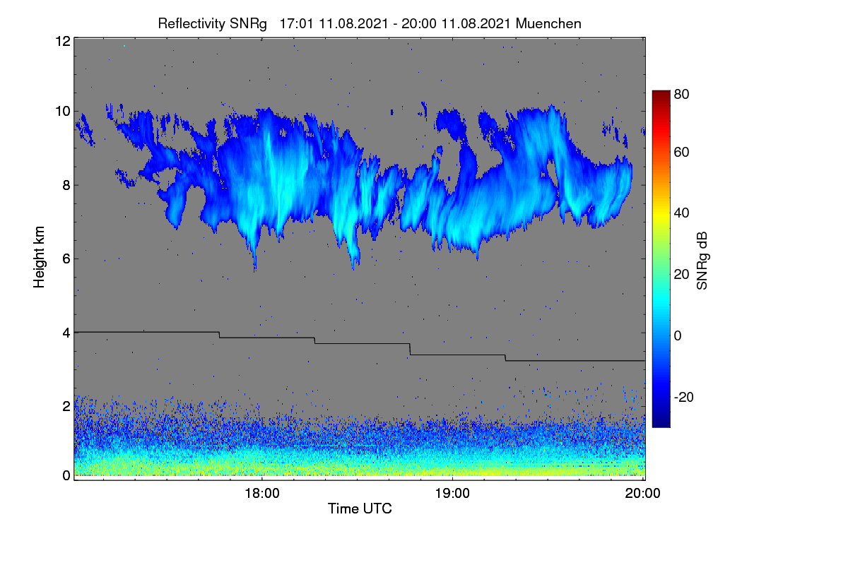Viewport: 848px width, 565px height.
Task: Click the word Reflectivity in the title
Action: pyautogui.click(x=191, y=24)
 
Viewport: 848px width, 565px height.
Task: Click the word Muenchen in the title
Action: pyautogui.click(x=548, y=23)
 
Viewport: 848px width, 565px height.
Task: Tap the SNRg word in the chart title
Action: pyautogui.click(x=248, y=24)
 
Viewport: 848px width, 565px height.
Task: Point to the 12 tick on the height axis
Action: pyautogui.click(x=63, y=41)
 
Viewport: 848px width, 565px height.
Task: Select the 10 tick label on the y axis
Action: pyautogui.click(x=63, y=112)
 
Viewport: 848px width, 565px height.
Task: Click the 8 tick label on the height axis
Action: pyautogui.click(x=66, y=185)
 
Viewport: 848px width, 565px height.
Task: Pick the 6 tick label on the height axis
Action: pyautogui.click(x=66, y=259)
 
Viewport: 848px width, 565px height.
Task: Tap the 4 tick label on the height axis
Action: pyautogui.click(x=66, y=333)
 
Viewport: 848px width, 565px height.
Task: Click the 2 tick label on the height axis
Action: pyautogui.click(x=66, y=406)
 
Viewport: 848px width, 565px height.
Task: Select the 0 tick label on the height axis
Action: pyautogui.click(x=66, y=475)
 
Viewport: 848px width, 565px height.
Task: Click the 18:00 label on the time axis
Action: pyautogui.click(x=262, y=493)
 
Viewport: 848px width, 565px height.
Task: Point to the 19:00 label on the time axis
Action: pyautogui.click(x=452, y=493)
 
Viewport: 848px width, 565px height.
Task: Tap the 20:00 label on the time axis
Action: pyautogui.click(x=642, y=493)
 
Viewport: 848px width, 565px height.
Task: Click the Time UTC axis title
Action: pyautogui.click(x=360, y=509)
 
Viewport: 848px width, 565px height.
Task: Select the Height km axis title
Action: pyautogui.click(x=39, y=257)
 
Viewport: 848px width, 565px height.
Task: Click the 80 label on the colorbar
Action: pyautogui.click(x=681, y=94)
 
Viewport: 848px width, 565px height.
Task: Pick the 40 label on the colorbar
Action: pyautogui.click(x=681, y=213)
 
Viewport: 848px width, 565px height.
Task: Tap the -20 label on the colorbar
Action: pyautogui.click(x=684, y=397)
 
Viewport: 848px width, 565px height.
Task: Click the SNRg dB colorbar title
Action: pyautogui.click(x=702, y=261)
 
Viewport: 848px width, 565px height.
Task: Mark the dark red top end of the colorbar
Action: pyautogui.click(x=661, y=91)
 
